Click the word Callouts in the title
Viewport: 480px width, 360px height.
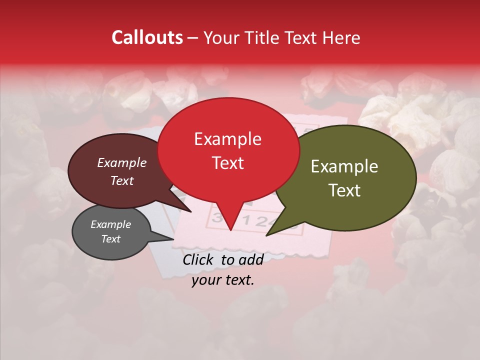pos(147,37)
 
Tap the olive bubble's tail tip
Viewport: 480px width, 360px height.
pos(266,235)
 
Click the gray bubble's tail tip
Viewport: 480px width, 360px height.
pos(173,239)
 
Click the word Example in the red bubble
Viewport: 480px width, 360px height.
pos(227,139)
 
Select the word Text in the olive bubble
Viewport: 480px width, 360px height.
pos(344,190)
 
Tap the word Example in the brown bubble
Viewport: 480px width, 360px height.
pos(121,163)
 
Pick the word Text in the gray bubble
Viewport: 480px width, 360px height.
pos(110,239)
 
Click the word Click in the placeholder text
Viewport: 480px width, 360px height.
pos(198,259)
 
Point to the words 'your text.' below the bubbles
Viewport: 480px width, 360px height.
pos(223,280)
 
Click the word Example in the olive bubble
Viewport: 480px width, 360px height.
pos(344,166)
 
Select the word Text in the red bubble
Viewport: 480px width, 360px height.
pos(227,163)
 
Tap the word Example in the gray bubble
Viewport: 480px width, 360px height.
pos(110,224)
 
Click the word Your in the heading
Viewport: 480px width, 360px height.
pos(220,37)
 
